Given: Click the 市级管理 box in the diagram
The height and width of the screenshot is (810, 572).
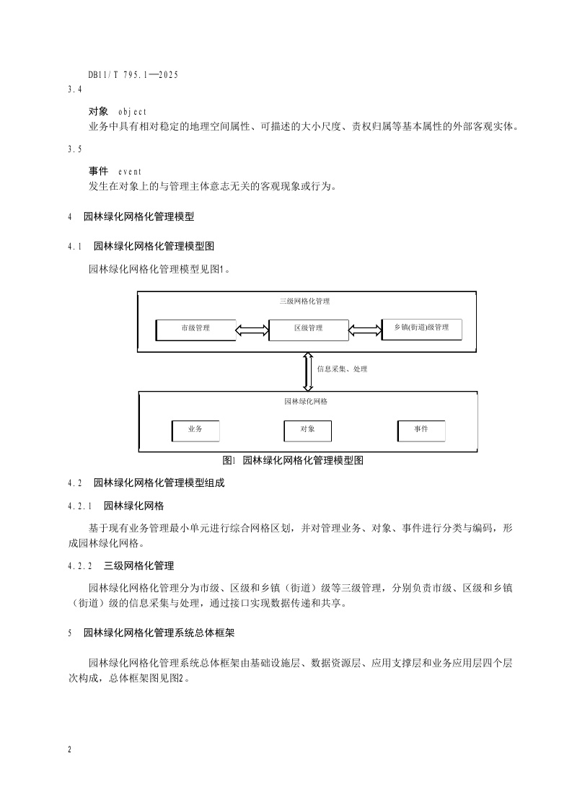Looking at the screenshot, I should click(195, 329).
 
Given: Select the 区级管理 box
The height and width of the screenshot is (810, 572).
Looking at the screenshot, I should click(308, 329).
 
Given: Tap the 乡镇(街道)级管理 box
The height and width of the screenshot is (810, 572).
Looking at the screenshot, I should click(421, 328).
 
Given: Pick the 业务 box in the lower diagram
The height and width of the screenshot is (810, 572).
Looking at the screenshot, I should click(195, 430).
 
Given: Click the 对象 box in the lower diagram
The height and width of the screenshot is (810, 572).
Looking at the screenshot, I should click(308, 430).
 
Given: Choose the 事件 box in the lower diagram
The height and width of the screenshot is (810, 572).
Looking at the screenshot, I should click(421, 430).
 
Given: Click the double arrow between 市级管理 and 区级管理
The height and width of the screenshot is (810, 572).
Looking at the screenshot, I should click(252, 330).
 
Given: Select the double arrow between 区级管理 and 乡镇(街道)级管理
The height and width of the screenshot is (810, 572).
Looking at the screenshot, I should click(364, 330).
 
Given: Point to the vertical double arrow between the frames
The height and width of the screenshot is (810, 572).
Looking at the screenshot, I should click(308, 371).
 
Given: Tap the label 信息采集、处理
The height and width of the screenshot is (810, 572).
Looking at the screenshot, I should click(342, 369).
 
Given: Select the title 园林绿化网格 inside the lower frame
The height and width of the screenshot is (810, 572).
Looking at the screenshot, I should click(307, 401).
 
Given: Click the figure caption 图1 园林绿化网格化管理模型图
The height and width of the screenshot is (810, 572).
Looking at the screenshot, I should click(293, 460).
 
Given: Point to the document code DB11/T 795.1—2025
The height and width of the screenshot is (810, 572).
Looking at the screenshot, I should click(133, 74).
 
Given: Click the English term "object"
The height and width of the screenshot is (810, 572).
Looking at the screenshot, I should click(132, 112).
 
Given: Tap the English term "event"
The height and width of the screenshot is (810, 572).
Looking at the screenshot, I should click(130, 171).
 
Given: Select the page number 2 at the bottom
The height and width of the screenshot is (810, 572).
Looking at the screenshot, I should click(70, 750).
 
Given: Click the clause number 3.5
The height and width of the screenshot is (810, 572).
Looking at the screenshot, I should click(75, 149).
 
